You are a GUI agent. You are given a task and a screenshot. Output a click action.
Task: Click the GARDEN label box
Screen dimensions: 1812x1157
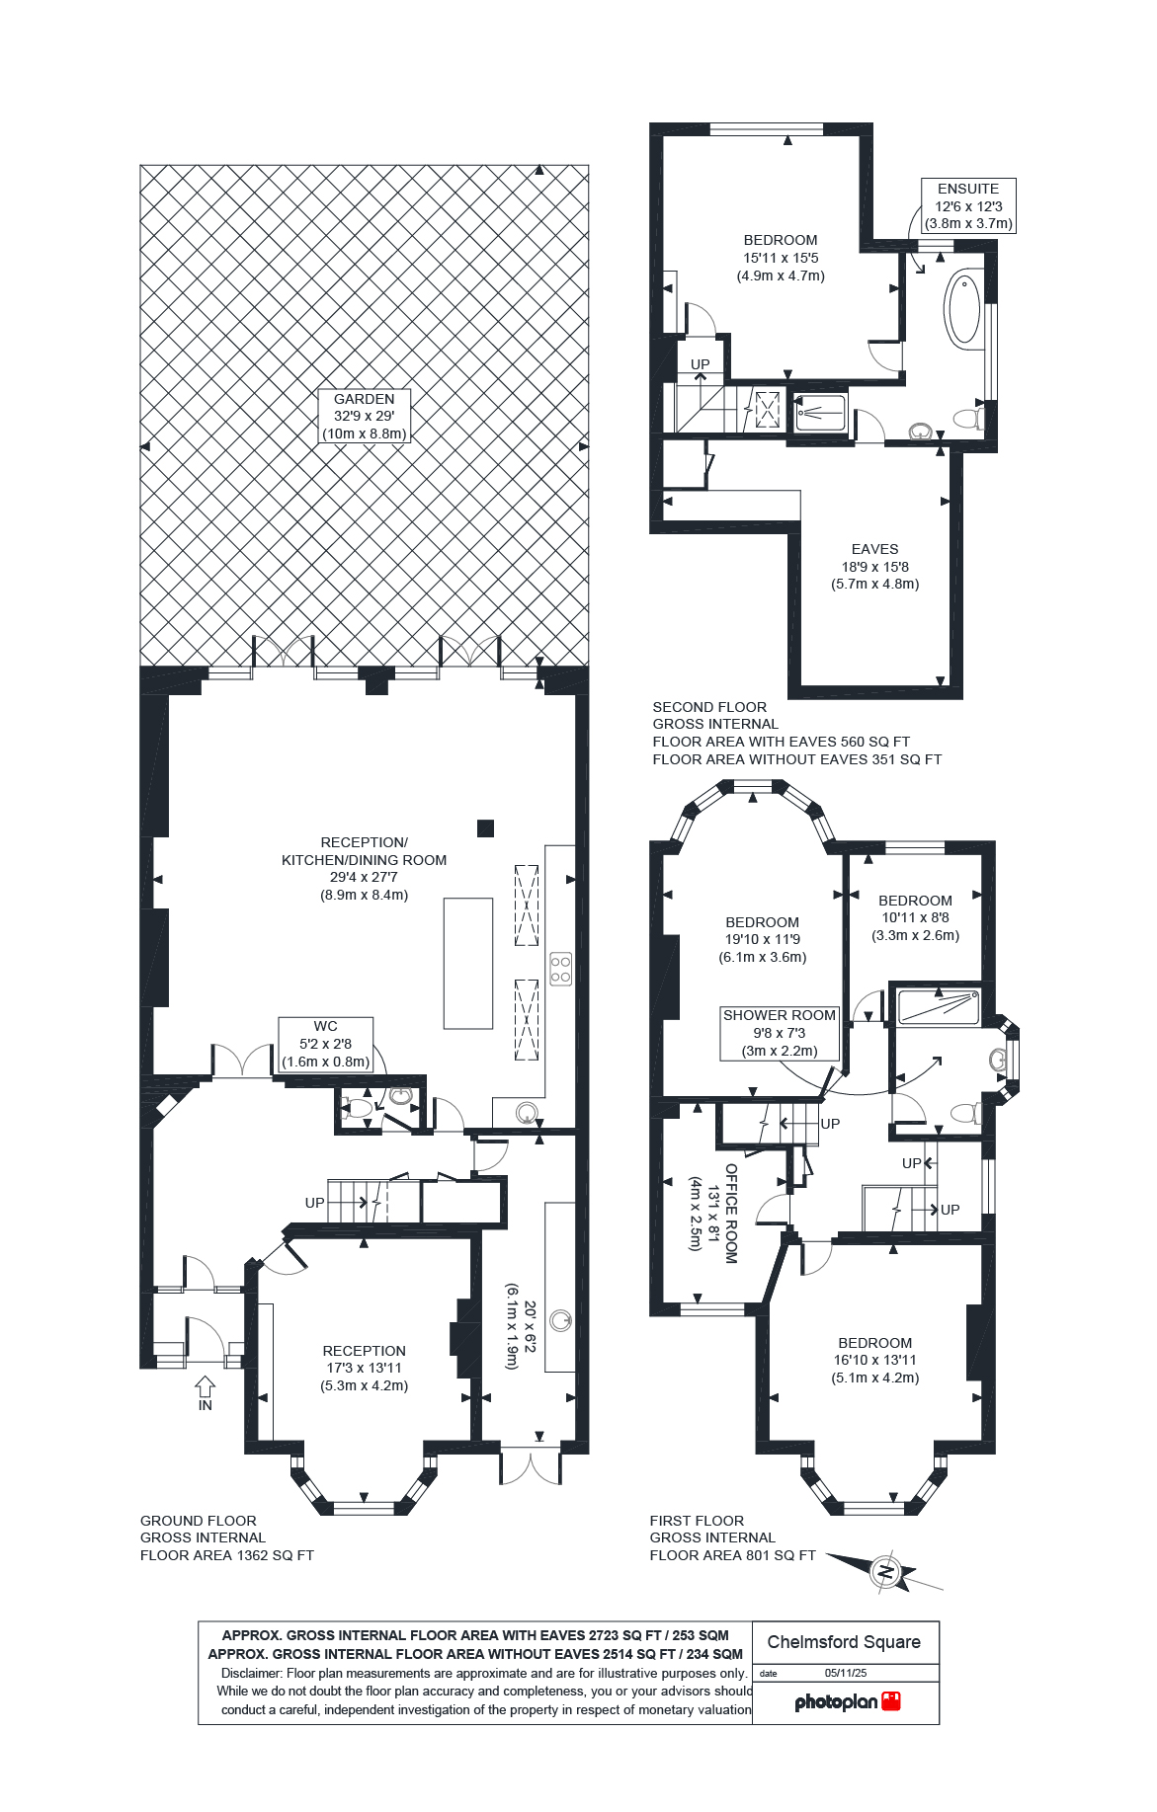364,416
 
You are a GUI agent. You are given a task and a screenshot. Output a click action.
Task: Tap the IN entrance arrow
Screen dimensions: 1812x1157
205,1387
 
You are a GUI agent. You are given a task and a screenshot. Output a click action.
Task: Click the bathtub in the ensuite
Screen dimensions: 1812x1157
963,310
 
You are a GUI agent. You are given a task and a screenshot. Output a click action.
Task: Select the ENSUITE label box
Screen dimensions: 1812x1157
968,205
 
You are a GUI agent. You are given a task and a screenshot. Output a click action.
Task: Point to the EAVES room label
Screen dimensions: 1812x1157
874,566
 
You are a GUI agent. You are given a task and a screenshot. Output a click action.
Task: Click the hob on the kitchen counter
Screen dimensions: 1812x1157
560,968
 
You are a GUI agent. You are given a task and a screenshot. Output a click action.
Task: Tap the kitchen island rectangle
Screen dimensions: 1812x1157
467,963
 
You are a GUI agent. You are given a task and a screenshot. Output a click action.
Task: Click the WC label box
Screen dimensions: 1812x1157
325,1045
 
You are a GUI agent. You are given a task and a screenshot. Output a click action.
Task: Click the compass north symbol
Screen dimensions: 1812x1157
886,1571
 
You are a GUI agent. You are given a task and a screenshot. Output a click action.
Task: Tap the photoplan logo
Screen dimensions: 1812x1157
847,1701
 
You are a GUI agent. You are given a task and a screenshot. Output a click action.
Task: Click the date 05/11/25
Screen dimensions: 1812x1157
845,1673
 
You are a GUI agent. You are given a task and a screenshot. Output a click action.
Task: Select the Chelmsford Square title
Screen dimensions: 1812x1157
844,1642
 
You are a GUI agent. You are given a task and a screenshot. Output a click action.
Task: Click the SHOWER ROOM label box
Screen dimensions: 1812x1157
780,1033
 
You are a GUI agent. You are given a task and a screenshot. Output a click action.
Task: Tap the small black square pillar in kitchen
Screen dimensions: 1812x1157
485,828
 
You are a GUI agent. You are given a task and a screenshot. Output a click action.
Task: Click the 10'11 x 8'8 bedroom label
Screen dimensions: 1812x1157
915,917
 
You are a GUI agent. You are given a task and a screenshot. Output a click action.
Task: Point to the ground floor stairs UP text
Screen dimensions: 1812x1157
314,1203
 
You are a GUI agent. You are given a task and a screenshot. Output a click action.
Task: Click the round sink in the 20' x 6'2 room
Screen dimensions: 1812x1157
560,1319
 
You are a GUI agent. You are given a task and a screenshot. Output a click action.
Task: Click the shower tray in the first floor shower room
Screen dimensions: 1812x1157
938,1007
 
